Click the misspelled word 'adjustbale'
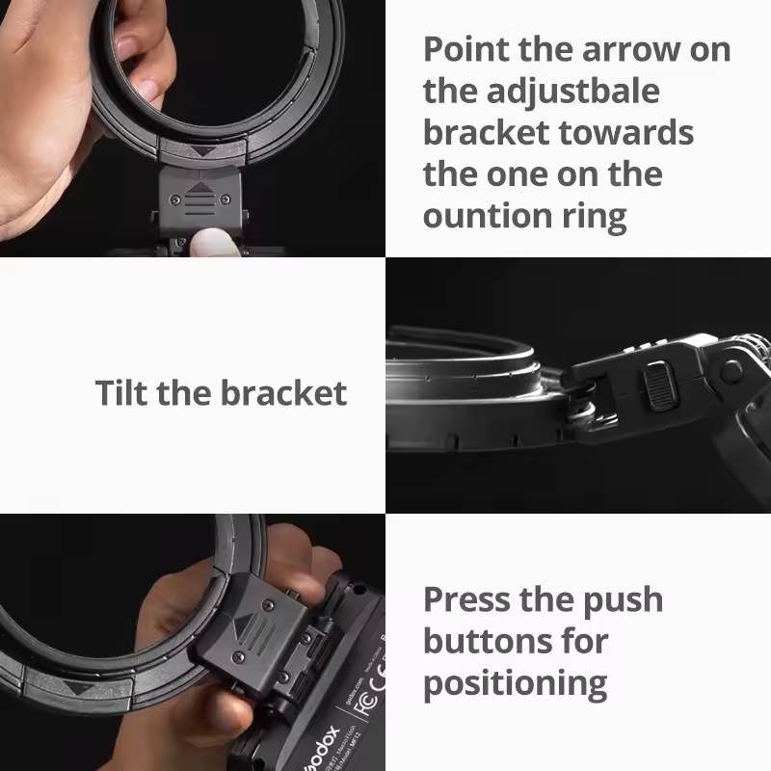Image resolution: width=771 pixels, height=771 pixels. pos(572,93)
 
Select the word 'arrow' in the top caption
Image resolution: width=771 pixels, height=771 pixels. pos(632,50)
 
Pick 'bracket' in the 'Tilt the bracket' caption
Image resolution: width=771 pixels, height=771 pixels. pos(283,392)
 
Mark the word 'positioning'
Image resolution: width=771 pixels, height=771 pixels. pos(516,684)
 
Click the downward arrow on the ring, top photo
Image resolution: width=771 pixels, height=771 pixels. pos(202,151)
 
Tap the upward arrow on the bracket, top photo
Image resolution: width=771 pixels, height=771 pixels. pos(199,188)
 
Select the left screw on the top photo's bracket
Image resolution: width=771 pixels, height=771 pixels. pos(174,199)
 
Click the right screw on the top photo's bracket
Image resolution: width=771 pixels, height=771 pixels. pos(226,199)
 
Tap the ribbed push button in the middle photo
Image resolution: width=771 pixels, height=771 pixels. pos(660,386)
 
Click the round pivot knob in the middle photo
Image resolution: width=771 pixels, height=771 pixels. pos(731,371)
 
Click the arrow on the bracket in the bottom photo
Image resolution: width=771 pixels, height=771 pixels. pos(242,627)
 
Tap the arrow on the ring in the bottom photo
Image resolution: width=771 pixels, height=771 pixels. pos(84,688)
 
